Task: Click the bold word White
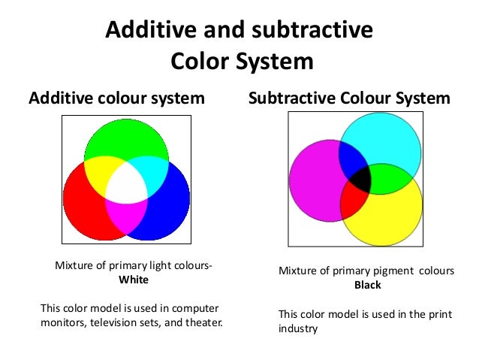[134, 280]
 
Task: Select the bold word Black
[368, 285]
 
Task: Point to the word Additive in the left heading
[58, 98]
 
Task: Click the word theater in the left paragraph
[203, 322]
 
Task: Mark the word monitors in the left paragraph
[62, 322]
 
